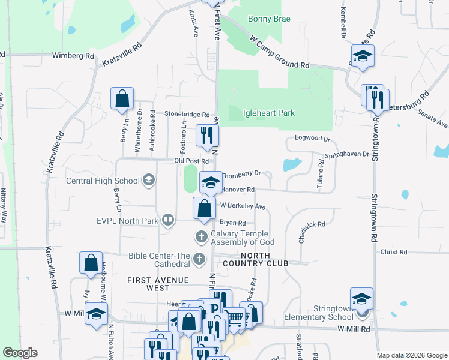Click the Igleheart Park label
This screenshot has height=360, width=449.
coord(268,113)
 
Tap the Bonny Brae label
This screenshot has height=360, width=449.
coord(270,19)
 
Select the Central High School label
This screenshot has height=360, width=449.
coord(102,181)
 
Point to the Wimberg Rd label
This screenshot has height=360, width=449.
coord(74,56)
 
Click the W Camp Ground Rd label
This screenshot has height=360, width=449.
coord(280,53)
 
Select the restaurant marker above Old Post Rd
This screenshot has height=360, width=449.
coord(205,135)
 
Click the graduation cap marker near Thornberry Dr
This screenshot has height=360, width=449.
coord(211,184)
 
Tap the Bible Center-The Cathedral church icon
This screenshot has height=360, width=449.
coord(202,259)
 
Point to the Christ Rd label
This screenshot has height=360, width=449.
coord(394,252)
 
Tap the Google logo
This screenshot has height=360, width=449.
coord(20,353)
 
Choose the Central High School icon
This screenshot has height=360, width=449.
coord(148,180)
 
